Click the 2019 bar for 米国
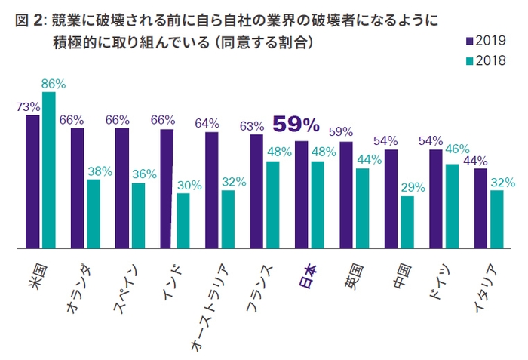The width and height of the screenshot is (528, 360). coord(32,181)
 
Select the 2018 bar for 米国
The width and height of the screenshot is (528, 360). coord(49,170)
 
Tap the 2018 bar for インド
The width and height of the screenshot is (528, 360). coord(183,220)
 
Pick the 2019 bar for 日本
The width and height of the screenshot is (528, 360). coord(301,194)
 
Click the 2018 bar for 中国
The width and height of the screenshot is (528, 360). coord(407,222)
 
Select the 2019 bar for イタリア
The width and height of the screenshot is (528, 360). coord(480,208)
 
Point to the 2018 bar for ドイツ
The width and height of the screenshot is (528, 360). coord(453,206)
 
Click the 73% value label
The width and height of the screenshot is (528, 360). coord(27,106)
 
